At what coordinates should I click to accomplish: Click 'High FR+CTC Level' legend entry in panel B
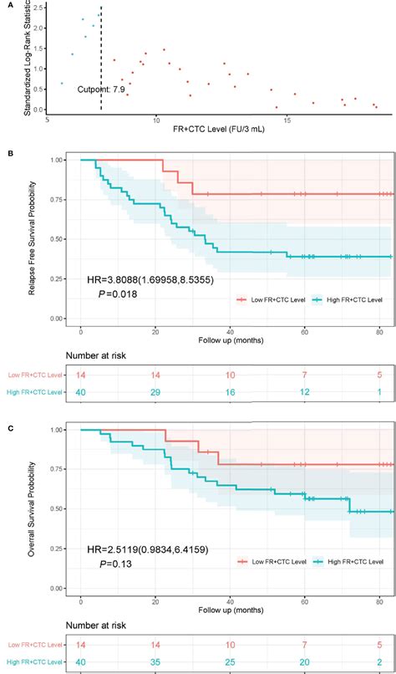(x=343, y=299)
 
